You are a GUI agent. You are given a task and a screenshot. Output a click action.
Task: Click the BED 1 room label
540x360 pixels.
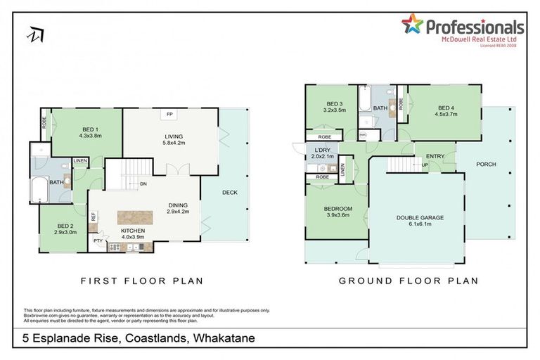[x=89, y=130]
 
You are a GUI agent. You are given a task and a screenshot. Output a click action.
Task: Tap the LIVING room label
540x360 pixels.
[x=168, y=139]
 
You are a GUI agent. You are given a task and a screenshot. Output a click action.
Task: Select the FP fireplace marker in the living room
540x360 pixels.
[x=169, y=114]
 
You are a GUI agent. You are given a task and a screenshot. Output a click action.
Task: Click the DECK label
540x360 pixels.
[x=229, y=191]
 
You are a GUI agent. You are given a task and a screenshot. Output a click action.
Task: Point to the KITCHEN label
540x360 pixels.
[x=134, y=230]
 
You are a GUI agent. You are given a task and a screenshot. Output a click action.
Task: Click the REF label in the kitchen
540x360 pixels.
[x=93, y=218]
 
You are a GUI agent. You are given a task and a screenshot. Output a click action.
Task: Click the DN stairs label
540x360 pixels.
[x=143, y=184]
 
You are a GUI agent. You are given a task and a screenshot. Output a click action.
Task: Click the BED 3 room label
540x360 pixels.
[x=333, y=104]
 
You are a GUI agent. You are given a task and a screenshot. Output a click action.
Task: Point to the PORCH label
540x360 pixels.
[x=486, y=165]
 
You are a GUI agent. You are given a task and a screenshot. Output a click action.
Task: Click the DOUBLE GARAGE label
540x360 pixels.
[x=420, y=218]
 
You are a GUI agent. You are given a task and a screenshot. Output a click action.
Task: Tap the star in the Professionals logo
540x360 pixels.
[x=412, y=25]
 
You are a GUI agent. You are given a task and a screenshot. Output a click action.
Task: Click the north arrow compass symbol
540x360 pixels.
[x=34, y=33]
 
